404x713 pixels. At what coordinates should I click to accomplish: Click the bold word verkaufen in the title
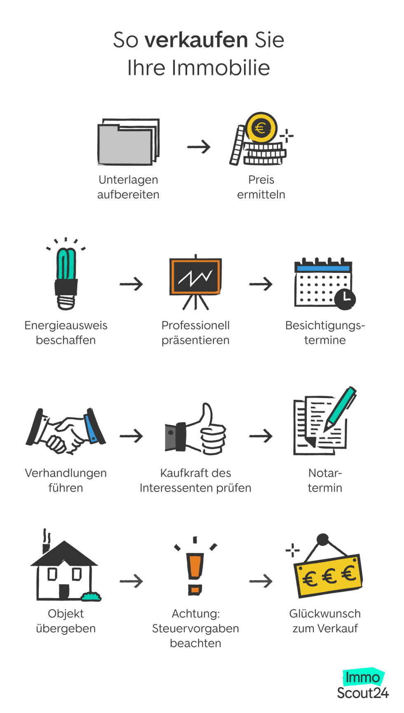[196, 40]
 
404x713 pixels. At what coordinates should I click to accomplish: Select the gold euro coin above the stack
[261, 128]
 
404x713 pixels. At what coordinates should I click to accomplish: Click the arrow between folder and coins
[199, 147]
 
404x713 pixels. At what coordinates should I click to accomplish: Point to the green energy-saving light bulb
[66, 274]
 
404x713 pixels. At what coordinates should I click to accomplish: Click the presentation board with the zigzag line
[195, 277]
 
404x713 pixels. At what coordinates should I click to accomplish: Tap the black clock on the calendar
[345, 299]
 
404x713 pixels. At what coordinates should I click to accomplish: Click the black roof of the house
[64, 554]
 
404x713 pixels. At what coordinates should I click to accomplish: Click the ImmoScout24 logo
[363, 685]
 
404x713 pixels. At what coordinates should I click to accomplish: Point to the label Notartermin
[325, 480]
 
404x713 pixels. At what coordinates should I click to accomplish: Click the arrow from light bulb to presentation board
[131, 284]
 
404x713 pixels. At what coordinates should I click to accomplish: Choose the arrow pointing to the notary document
[261, 436]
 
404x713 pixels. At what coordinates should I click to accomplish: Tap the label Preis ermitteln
[261, 187]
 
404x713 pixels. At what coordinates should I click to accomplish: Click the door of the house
[64, 592]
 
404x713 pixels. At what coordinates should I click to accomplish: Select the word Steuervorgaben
[195, 629]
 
